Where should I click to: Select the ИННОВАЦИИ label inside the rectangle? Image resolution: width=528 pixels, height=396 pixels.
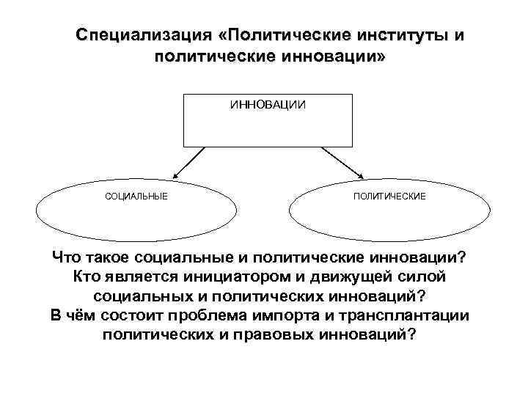(x=268, y=105)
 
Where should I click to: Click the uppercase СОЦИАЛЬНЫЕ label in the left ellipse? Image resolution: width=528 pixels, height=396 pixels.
(x=136, y=197)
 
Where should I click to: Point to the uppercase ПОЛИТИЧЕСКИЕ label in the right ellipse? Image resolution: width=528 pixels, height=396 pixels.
(x=389, y=197)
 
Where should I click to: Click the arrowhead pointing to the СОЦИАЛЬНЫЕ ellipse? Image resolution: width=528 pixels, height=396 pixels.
(x=176, y=175)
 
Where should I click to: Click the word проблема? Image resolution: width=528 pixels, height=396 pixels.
(x=223, y=315)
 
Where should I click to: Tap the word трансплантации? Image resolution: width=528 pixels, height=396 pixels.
(x=417, y=315)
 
